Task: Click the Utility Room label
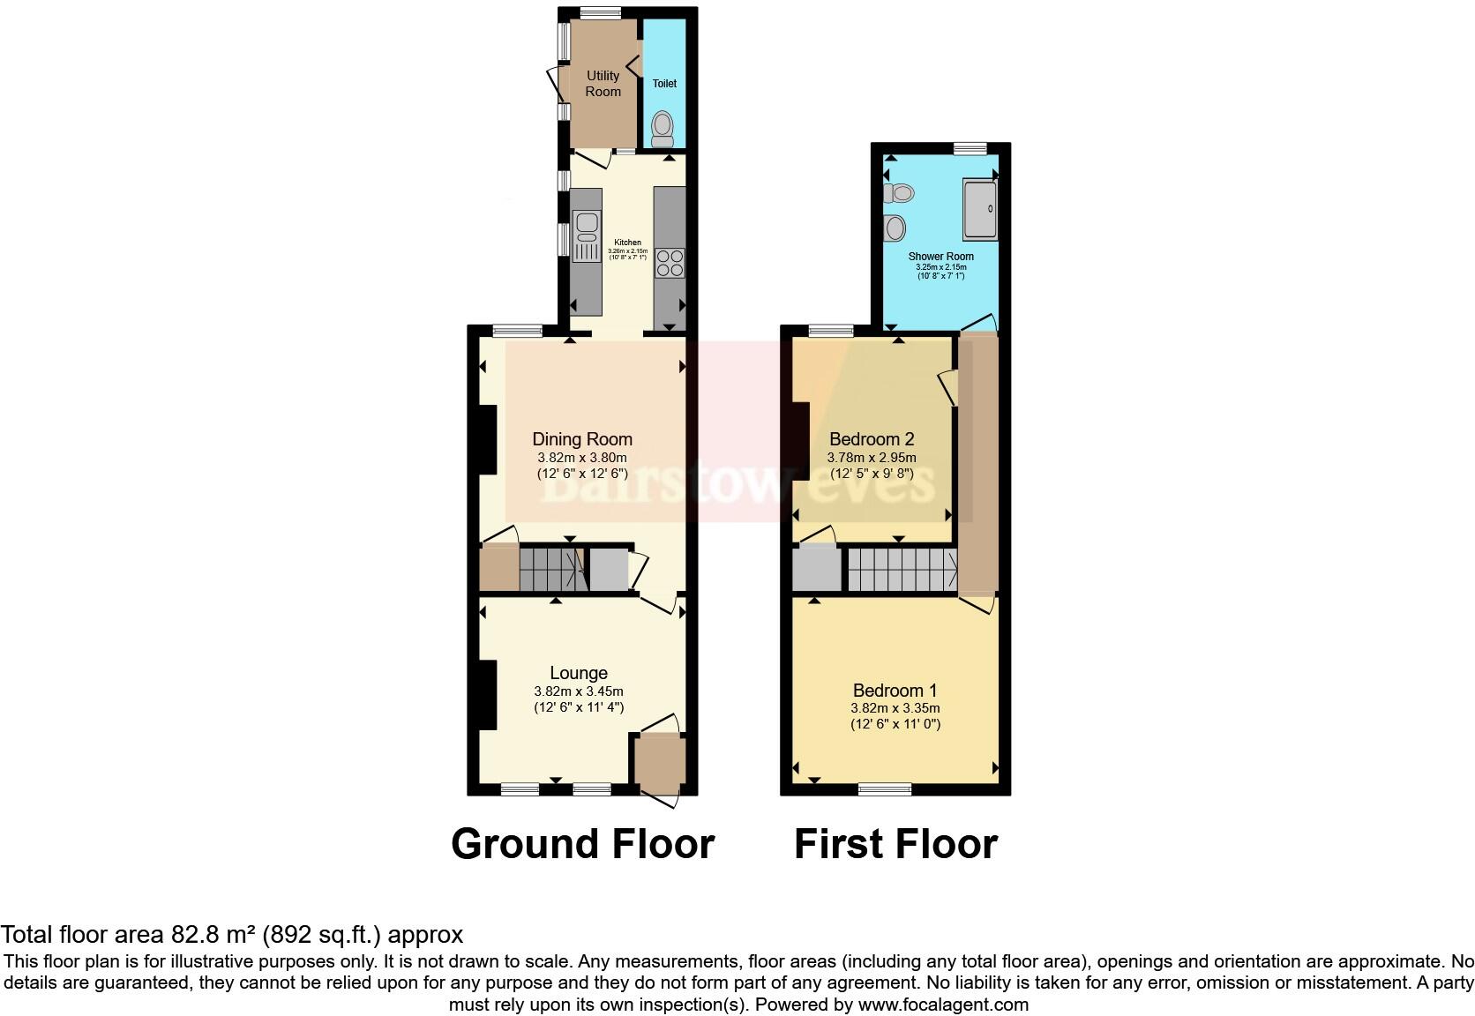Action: (603, 84)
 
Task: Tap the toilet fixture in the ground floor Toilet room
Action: (663, 130)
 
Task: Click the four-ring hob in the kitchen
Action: (670, 263)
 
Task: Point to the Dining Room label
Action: (582, 439)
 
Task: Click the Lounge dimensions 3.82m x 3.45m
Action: (579, 691)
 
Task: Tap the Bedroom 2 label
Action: (872, 439)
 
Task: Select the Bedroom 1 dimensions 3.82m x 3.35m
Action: (895, 708)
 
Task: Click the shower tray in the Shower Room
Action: (980, 209)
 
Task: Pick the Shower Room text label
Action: (941, 257)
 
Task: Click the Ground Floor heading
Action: (582, 844)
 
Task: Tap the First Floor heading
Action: (895, 844)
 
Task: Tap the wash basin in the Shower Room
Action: (895, 228)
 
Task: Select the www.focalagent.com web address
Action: (943, 1005)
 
